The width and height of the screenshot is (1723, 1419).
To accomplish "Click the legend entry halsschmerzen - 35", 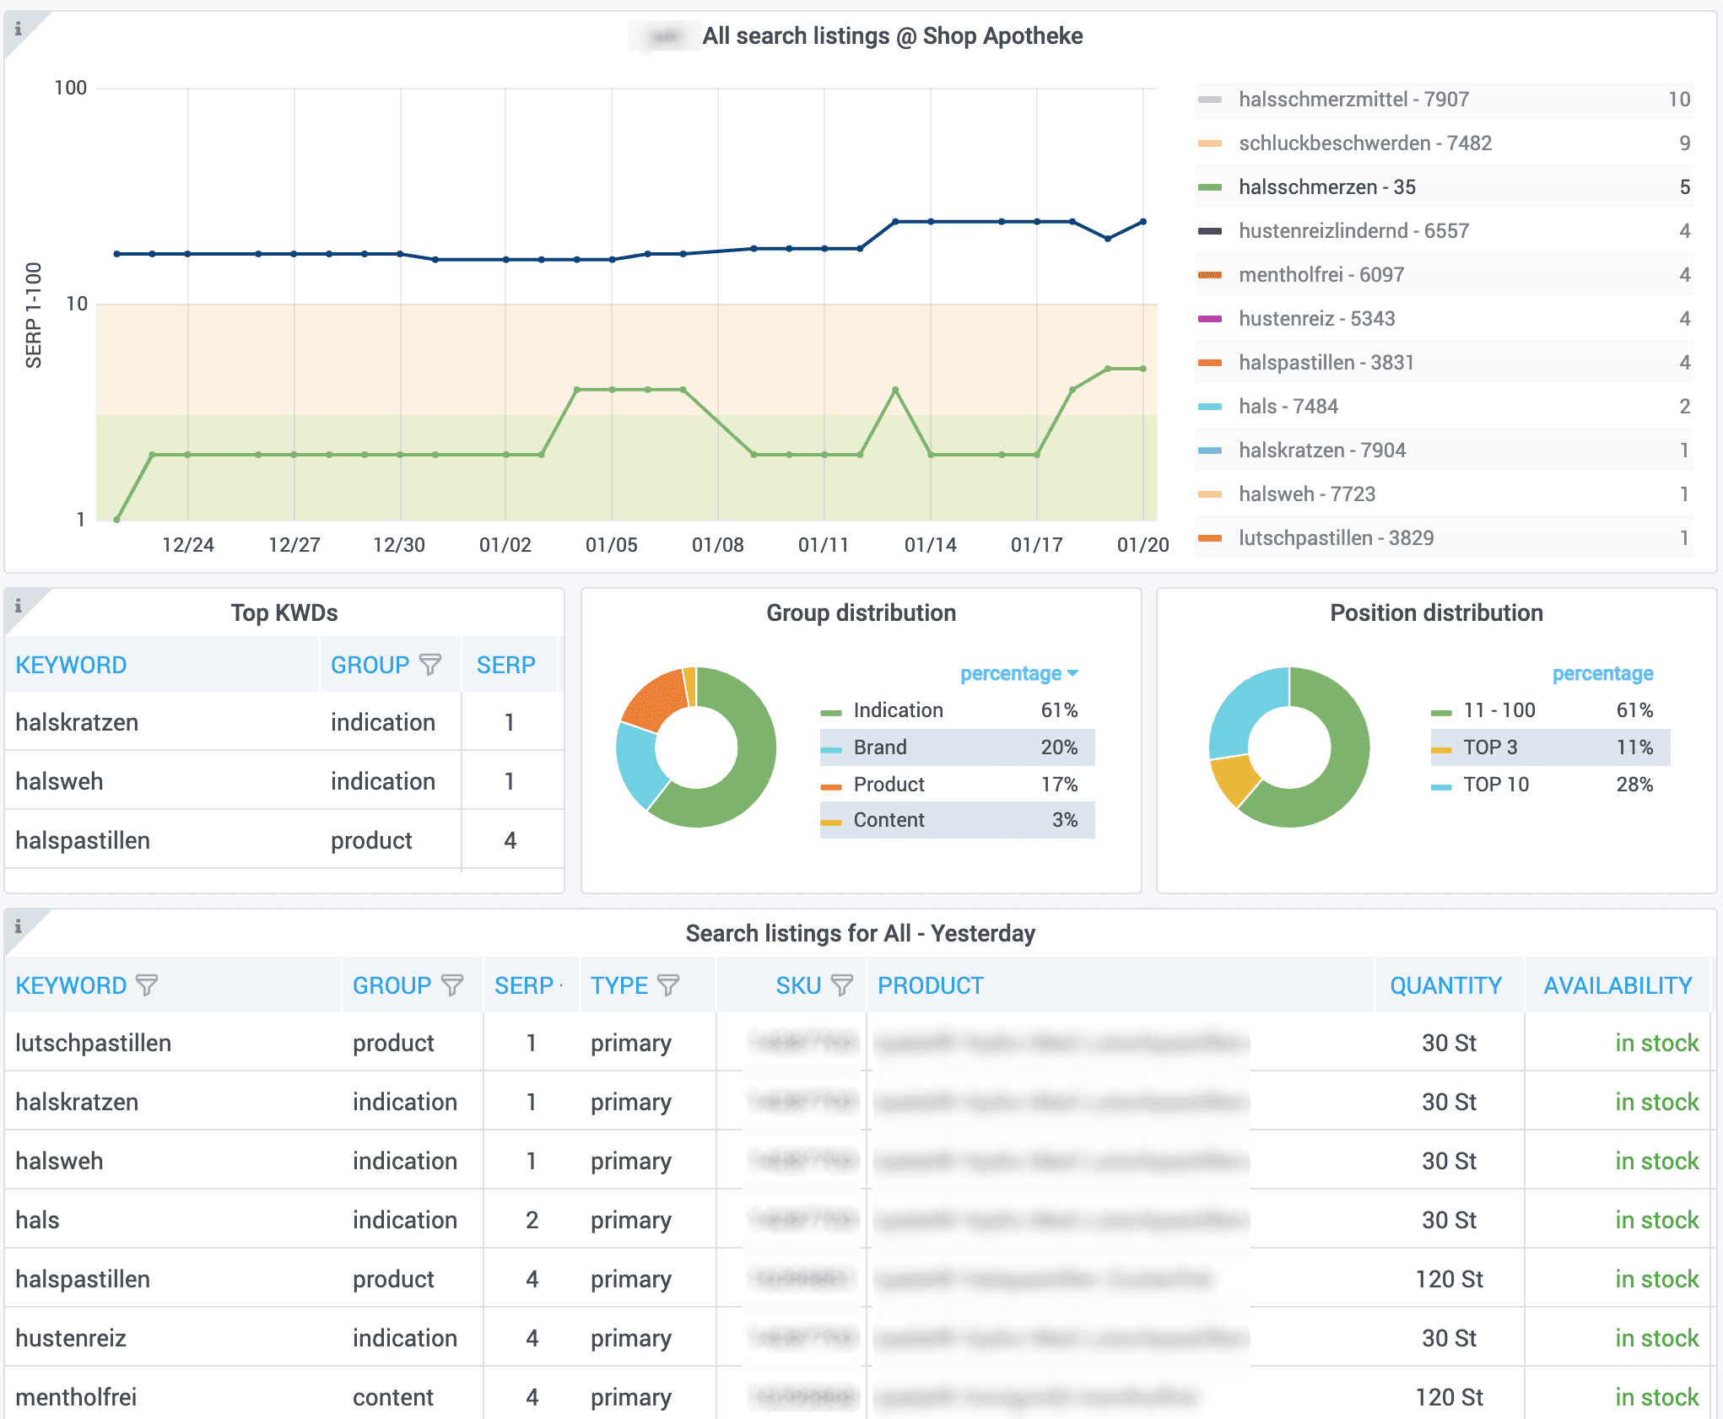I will click(1326, 187).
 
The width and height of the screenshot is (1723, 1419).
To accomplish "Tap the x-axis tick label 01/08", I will click(717, 545).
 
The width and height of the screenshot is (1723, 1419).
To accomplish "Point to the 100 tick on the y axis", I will click(71, 88).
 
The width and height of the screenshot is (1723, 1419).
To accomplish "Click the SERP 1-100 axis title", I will click(34, 315).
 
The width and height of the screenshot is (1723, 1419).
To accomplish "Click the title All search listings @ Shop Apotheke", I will click(892, 36).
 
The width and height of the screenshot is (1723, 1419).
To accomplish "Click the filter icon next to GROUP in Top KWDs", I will click(430, 665).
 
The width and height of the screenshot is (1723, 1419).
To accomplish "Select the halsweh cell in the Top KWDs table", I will click(59, 781).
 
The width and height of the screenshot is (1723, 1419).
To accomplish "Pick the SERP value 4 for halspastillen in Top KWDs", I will click(510, 840).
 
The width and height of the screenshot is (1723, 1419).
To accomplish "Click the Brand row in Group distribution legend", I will click(956, 747).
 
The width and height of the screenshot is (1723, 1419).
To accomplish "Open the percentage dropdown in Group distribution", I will click(1019, 674).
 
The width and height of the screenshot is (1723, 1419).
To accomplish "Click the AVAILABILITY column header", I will click(1617, 985).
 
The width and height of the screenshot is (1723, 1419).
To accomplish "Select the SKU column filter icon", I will click(841, 985).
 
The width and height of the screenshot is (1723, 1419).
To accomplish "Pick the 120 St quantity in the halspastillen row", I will click(1448, 1279).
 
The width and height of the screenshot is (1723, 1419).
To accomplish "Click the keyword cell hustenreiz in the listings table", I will click(71, 1338).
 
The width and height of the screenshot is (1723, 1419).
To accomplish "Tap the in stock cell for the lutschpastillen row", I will click(1655, 1043).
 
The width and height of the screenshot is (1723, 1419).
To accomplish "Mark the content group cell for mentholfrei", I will click(392, 1397).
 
